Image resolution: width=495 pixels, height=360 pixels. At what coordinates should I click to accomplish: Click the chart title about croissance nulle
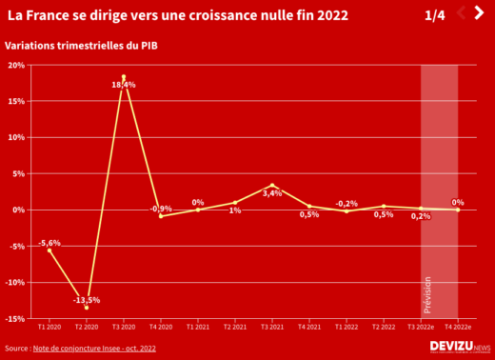coord(176,16)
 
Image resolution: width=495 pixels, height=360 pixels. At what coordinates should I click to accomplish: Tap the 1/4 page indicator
coord(434,16)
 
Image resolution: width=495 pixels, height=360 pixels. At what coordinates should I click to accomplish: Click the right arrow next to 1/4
coord(478,13)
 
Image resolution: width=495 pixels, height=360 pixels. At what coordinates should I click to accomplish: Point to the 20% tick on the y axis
coord(16,65)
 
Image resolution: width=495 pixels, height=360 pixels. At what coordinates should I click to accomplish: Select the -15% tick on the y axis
coord(15,318)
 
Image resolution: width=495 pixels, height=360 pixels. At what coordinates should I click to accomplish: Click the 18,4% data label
coord(124,85)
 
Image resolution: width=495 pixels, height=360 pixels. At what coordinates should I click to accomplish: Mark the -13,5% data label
coord(86,299)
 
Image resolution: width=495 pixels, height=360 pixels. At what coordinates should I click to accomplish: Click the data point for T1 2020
coord(49,250)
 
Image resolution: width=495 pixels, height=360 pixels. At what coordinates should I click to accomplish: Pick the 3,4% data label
coord(271,193)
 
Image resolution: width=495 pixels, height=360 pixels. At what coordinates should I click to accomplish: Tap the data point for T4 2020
coord(161,216)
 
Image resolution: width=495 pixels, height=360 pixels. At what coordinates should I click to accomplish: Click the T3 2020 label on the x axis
coord(124,327)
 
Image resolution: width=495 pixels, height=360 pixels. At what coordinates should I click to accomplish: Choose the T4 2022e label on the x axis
coord(458,327)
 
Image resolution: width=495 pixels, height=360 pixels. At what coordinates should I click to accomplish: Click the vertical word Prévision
coord(426,295)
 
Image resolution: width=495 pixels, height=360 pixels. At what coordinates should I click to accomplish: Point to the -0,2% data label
coord(346,204)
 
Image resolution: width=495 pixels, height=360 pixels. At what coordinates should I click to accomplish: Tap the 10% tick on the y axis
coord(16,137)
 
